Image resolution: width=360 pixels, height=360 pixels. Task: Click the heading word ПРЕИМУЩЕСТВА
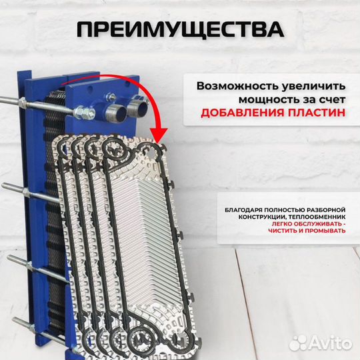[x=179, y=29]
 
